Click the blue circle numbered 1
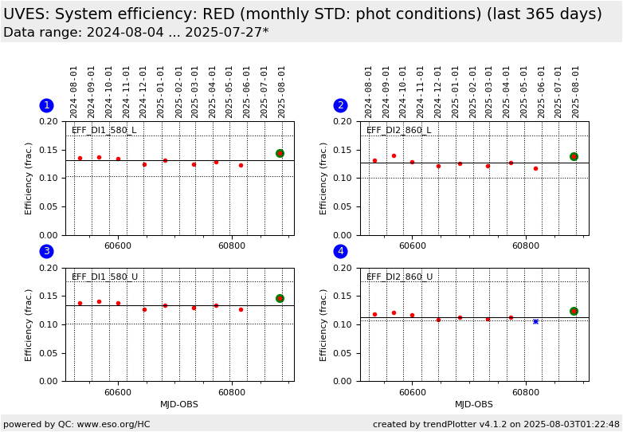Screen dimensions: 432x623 pos(46,105)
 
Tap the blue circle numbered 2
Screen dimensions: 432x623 pos(340,105)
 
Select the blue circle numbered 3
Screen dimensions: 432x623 pos(46,252)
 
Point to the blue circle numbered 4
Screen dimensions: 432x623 pos(340,252)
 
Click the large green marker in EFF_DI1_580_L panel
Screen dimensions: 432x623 pos(280,153)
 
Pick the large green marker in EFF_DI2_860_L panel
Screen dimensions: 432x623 pos(574,156)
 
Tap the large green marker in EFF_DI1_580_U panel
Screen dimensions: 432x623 pos(280,298)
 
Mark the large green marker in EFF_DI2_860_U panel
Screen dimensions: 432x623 pos(574,311)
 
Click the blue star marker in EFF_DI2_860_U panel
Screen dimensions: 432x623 pos(535,321)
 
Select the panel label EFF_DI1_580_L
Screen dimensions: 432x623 pos(104,131)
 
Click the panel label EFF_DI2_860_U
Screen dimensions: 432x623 pos(399,277)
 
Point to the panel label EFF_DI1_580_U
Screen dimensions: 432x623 pos(104,277)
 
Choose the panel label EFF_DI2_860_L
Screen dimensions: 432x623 pos(399,131)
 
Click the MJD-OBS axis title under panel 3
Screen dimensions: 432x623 pos(179,405)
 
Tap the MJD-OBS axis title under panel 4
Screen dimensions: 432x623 pos(474,405)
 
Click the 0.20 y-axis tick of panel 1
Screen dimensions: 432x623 pos(49,121)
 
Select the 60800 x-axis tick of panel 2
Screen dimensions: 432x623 pos(526,246)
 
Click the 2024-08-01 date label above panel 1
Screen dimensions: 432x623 pos(74,92)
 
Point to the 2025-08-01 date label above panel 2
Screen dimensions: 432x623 pos(576,92)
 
